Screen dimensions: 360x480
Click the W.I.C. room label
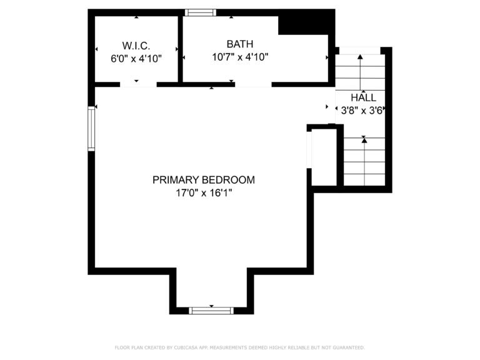click(x=136, y=46)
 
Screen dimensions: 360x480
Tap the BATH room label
click(x=240, y=44)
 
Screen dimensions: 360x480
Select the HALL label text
click(x=363, y=98)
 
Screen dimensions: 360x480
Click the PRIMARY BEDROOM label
click(x=204, y=180)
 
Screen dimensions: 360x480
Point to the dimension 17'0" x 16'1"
click(x=204, y=194)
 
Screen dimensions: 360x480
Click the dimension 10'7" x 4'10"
click(x=240, y=57)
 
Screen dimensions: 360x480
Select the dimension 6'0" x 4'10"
click(x=136, y=59)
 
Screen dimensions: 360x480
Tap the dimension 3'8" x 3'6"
click(x=362, y=111)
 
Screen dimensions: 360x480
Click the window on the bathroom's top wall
click(x=201, y=12)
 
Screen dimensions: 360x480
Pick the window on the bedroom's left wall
click(x=91, y=128)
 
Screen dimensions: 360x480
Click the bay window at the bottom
click(x=211, y=310)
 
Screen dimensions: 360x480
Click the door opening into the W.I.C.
click(x=138, y=84)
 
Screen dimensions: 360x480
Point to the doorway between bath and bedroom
click(x=253, y=84)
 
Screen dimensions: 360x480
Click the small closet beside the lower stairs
click(x=324, y=156)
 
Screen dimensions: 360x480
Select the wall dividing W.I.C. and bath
click(x=180, y=49)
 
